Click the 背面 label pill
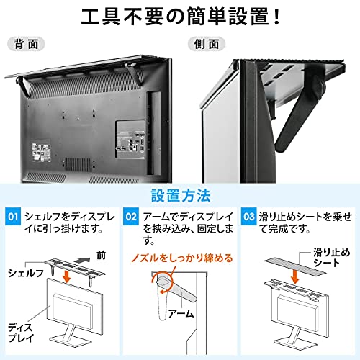click(26, 44)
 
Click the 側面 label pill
click(207, 44)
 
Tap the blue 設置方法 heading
click(181, 196)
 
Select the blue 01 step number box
click(13, 217)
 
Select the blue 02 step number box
click(131, 217)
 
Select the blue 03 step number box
click(249, 217)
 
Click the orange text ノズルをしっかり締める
click(182, 258)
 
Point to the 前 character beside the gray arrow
click(101, 255)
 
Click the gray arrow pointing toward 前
click(82, 260)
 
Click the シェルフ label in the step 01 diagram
click(26, 274)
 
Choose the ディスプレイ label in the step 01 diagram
click(21, 333)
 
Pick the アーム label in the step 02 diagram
click(181, 313)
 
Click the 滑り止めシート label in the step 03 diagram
click(332, 258)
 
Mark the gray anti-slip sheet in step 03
click(295, 266)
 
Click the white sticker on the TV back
click(41, 153)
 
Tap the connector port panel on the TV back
click(130, 139)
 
